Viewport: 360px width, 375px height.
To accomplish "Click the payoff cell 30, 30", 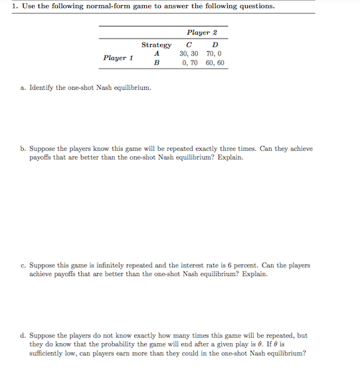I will point(189,54).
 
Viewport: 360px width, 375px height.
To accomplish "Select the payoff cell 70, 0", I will point(214,54).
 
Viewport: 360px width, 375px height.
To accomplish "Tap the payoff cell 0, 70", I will point(189,63).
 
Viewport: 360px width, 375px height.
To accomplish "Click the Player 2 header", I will point(202,32).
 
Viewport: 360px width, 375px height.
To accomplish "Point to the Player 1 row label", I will point(118,58).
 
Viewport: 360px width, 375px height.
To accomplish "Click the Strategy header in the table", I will point(156,45).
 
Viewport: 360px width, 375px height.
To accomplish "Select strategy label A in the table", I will point(156,54).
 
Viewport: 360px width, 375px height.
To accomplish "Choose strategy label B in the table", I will point(156,63).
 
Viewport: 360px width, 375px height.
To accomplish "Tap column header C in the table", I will point(189,45).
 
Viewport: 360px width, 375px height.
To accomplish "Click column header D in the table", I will point(214,45).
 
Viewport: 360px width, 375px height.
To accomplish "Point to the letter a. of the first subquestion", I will point(23,87).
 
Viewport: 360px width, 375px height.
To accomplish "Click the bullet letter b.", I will point(23,149).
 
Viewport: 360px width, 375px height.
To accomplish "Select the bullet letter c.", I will point(23,265).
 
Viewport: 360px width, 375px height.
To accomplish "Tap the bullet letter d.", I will point(23,336).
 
